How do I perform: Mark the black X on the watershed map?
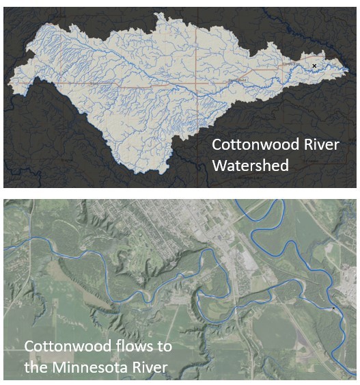tap(314, 66)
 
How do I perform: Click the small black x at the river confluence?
tap(333, 309)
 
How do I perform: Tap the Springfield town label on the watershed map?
tap(237, 80)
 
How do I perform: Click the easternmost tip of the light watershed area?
tap(349, 70)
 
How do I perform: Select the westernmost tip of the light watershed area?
tap(8, 83)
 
